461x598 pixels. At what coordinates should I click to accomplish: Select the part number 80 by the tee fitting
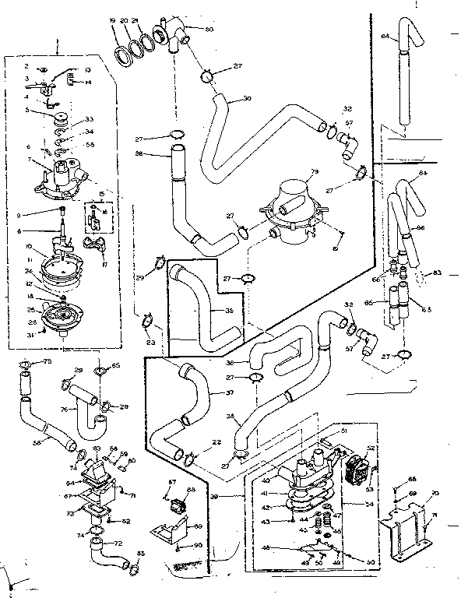tap(209, 30)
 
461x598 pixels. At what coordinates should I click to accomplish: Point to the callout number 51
tap(343, 428)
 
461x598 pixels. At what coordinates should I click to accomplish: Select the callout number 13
tap(88, 70)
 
